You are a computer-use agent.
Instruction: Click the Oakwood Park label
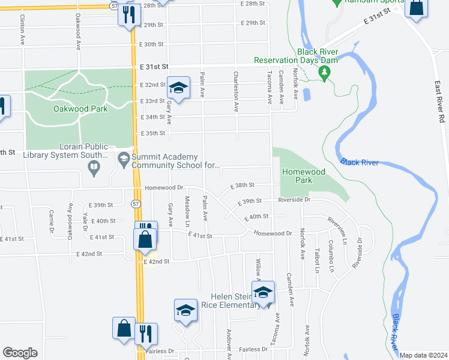(x=80, y=109)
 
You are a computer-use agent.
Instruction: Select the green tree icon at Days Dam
(x=325, y=73)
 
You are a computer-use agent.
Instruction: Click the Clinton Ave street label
(x=22, y=31)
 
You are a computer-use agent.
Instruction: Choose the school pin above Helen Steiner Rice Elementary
(x=263, y=293)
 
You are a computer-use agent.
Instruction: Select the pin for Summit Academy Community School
(x=124, y=159)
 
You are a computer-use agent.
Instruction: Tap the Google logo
(x=20, y=353)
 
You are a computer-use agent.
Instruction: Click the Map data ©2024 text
(x=423, y=355)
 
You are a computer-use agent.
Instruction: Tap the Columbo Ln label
(x=331, y=256)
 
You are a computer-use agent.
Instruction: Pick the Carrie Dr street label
(x=52, y=221)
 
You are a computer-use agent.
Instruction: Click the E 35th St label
(x=152, y=133)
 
